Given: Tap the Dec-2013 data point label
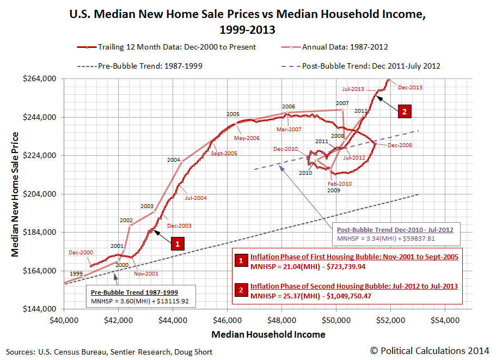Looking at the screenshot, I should [410, 87].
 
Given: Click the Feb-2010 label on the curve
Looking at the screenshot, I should [339, 184].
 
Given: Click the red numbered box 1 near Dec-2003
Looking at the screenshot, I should [177, 243].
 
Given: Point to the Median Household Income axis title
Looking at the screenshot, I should [268, 334].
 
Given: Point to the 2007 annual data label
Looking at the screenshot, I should [342, 103].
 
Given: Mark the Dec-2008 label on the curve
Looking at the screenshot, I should [400, 145].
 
